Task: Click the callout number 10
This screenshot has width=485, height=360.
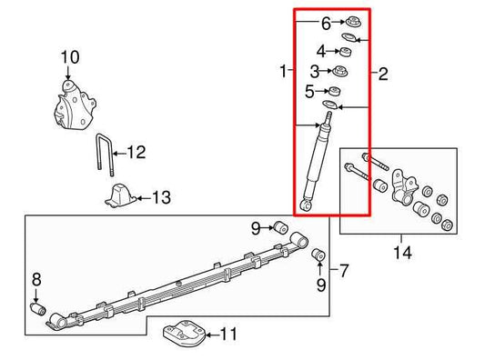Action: [x=69, y=59]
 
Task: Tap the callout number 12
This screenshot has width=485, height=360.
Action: [x=135, y=153]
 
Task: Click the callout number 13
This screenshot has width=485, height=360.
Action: [x=160, y=197]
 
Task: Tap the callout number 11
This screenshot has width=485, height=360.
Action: [x=227, y=335]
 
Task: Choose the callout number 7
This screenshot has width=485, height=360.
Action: [x=344, y=270]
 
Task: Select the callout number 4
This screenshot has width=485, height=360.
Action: [x=320, y=52]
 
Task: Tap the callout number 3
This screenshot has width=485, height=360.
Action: [x=313, y=71]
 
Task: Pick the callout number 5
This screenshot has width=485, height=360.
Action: [x=309, y=92]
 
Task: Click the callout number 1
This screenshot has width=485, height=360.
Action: [x=284, y=70]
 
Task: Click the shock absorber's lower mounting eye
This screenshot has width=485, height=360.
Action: [x=307, y=205]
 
